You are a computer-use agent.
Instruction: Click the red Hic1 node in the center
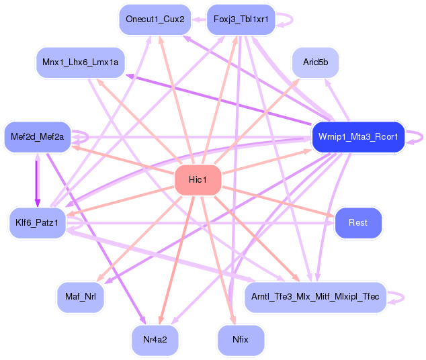198,180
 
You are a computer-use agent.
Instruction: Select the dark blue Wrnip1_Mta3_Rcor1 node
357,137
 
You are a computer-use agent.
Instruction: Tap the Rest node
357,222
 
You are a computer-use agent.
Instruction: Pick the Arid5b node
315,62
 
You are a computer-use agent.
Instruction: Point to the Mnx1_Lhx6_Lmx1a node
80,62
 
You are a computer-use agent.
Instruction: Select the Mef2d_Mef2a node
37,137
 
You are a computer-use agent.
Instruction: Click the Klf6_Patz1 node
37,222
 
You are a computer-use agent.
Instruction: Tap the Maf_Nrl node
80,297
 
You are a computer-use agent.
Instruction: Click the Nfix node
241,340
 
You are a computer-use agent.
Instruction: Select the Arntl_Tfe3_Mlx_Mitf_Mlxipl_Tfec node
315,297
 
